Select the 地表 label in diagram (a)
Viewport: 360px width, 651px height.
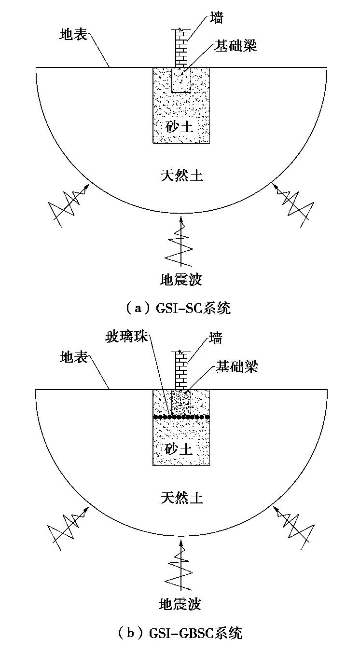click(x=73, y=35)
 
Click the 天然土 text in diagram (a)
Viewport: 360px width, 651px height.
click(x=181, y=175)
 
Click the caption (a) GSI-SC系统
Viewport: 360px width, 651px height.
click(x=178, y=308)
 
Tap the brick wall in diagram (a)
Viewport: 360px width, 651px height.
click(x=181, y=48)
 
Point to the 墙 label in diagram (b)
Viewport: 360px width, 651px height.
click(x=216, y=339)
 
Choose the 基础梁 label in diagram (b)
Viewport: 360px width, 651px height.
click(x=237, y=367)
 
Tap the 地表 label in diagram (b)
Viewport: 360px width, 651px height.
click(x=74, y=358)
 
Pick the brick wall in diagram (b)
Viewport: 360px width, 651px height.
click(x=181, y=370)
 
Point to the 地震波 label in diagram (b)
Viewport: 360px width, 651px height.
click(x=180, y=603)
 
